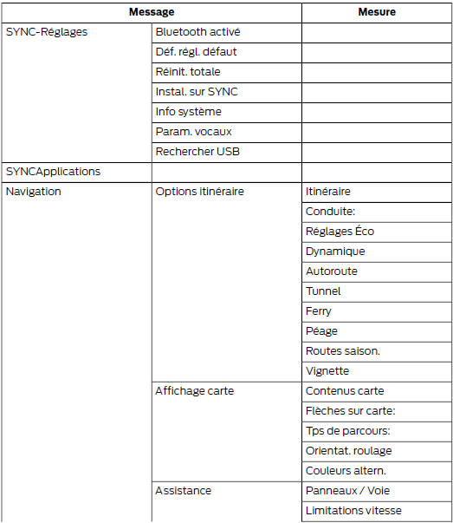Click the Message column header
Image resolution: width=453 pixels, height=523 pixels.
click(152, 12)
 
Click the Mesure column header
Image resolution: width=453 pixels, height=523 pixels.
click(376, 12)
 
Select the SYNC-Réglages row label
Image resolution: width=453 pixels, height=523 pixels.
click(47, 32)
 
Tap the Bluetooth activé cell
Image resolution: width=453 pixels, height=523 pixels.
click(197, 32)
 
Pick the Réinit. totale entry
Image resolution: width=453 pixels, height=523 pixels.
click(188, 72)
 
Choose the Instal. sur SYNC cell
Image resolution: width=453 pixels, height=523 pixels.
click(196, 92)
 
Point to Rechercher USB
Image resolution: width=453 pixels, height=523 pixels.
click(197, 152)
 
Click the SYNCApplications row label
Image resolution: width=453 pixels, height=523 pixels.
click(53, 172)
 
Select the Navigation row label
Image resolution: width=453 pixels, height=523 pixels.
click(34, 192)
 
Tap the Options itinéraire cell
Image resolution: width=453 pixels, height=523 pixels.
click(199, 192)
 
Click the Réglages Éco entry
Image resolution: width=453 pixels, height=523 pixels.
click(340, 232)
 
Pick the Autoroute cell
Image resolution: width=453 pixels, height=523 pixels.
click(331, 271)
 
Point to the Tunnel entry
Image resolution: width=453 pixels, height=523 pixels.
click(323, 291)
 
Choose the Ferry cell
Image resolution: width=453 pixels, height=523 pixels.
click(319, 311)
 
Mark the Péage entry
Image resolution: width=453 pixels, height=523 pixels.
click(321, 331)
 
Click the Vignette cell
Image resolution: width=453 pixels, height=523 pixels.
click(327, 371)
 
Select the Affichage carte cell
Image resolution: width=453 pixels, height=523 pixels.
click(194, 391)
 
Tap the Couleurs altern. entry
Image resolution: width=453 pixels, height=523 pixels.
click(346, 471)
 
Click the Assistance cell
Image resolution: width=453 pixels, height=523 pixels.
click(183, 491)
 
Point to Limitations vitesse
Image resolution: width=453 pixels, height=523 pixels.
click(353, 511)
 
